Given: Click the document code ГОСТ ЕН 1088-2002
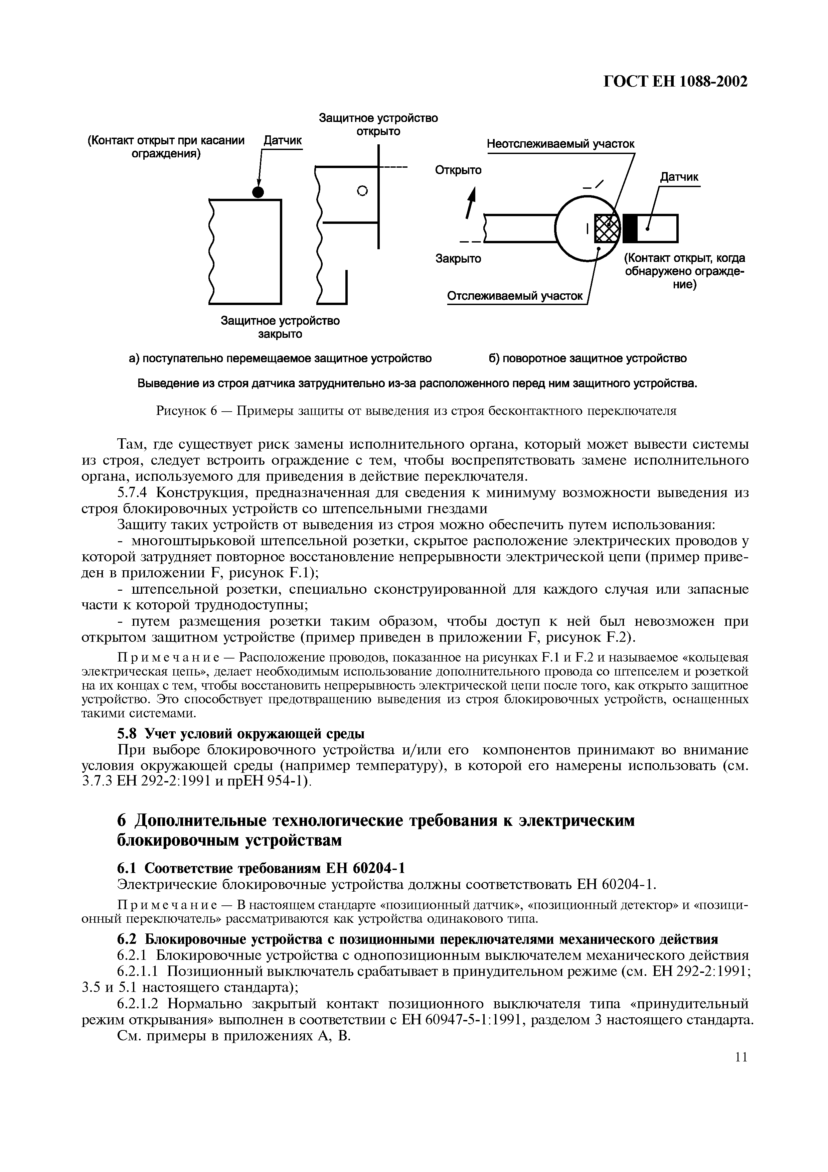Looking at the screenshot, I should coord(675,82).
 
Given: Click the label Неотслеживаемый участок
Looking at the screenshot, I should coord(560,144).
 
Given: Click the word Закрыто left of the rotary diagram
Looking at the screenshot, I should coord(458,259).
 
